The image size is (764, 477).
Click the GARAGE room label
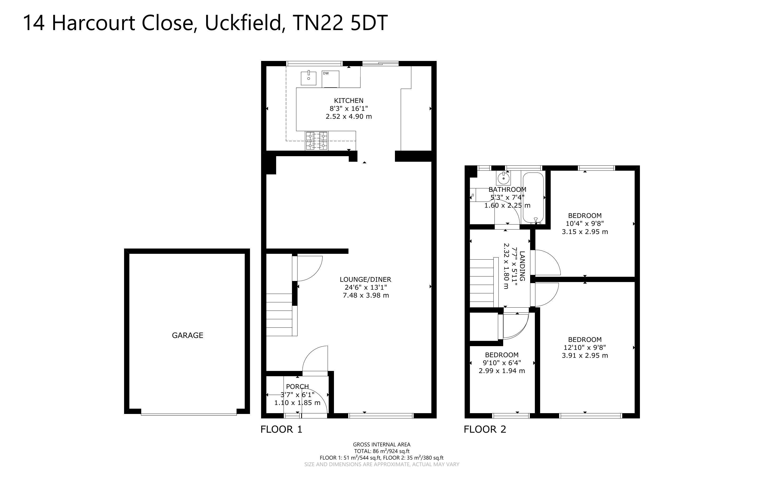click(x=187, y=335)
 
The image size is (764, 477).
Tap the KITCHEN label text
click(x=349, y=101)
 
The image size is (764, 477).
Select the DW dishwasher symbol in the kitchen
click(x=331, y=79)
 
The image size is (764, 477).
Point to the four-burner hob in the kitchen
click(x=317, y=141)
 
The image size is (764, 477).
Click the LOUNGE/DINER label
click(x=365, y=279)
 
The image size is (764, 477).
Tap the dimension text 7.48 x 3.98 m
click(x=366, y=295)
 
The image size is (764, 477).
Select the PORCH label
click(x=297, y=387)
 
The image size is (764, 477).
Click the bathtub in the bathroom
click(x=533, y=198)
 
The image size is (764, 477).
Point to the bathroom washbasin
click(x=504, y=179)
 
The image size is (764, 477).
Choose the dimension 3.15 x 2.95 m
click(x=585, y=232)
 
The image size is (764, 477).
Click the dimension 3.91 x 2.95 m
click(x=585, y=356)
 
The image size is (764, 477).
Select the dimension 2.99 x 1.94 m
click(x=502, y=371)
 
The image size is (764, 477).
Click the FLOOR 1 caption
click(x=281, y=429)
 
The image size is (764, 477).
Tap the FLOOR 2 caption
click(x=485, y=429)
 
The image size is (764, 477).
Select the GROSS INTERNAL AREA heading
click(x=381, y=445)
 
